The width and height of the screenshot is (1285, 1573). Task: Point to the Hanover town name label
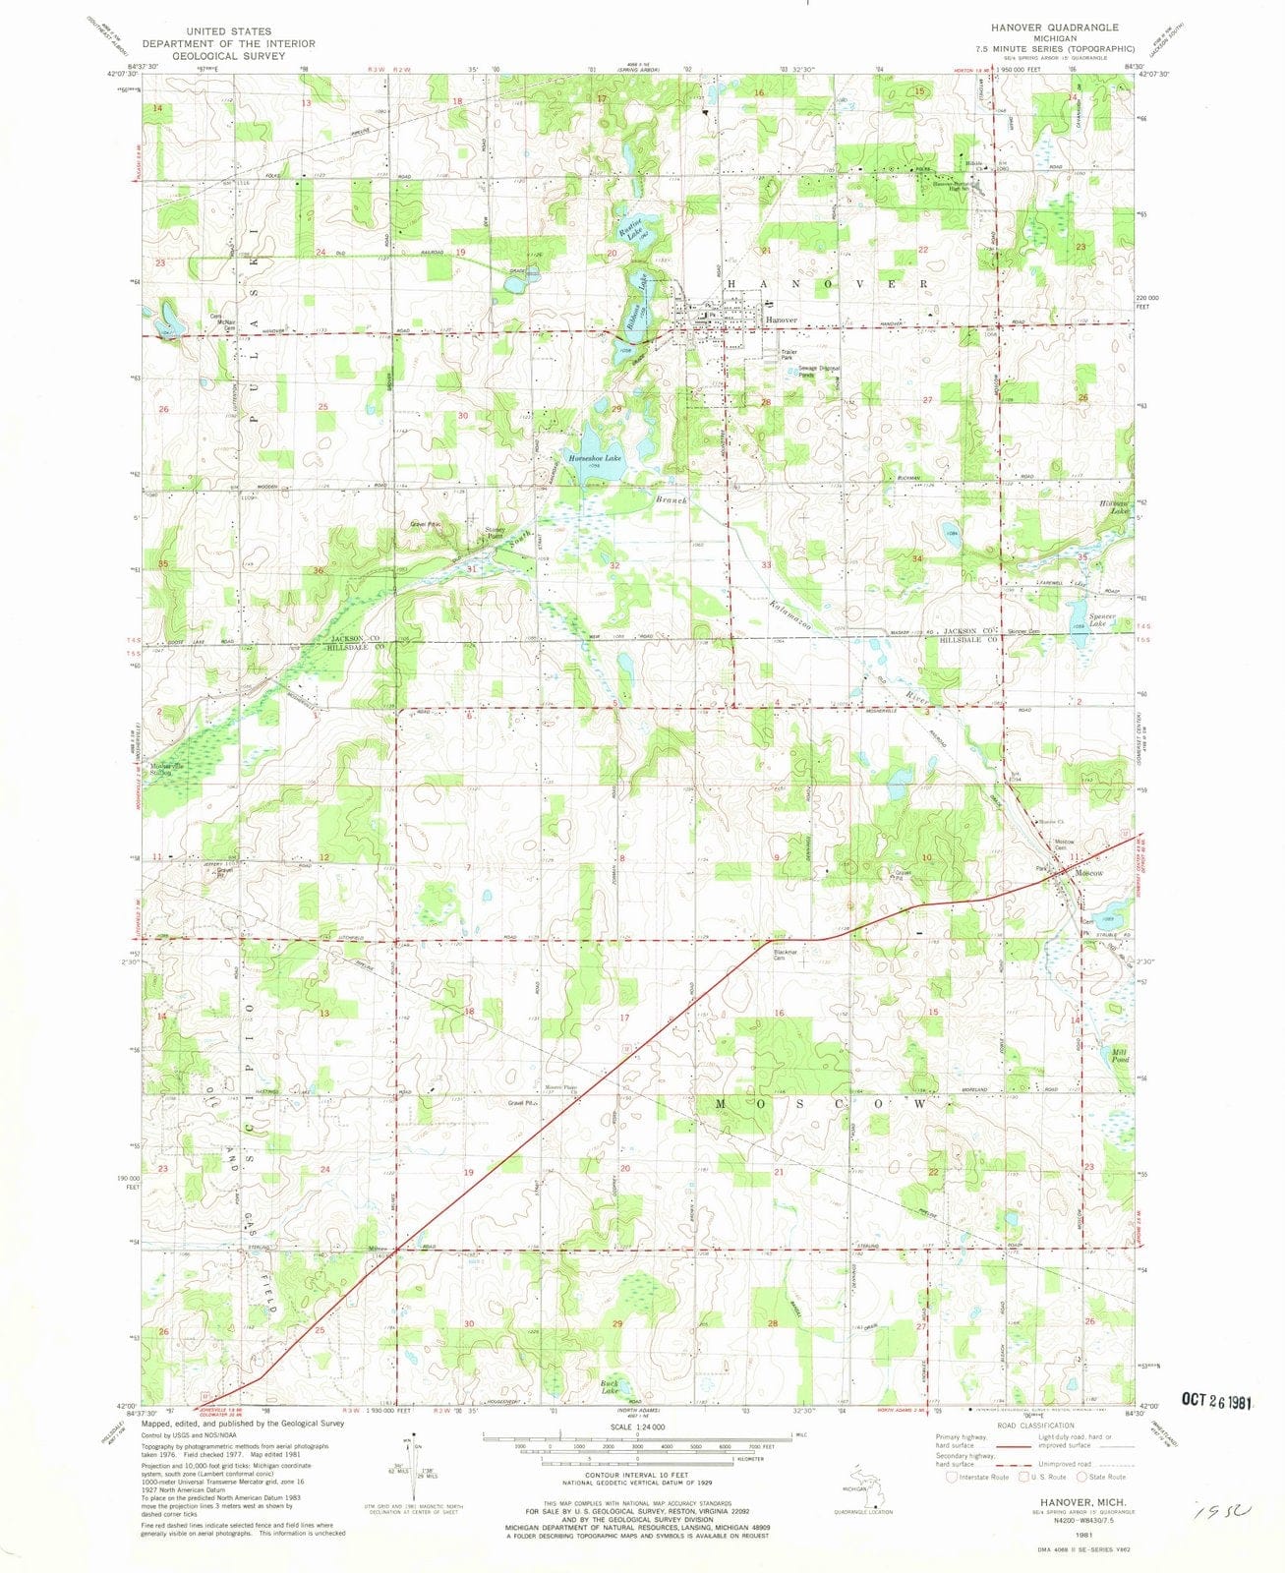coord(782,321)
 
